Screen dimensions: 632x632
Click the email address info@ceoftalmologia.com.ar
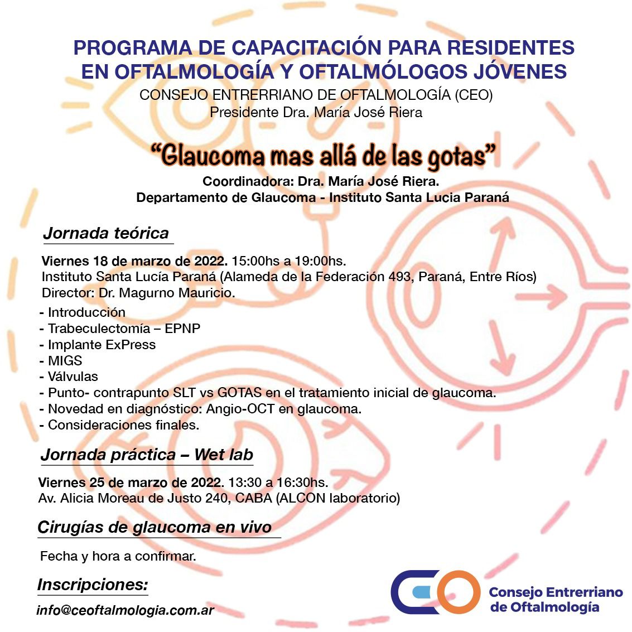[125, 610]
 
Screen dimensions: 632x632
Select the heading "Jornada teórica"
[106, 233]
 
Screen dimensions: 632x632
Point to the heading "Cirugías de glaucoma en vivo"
[155, 527]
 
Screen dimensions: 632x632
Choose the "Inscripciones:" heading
[93, 585]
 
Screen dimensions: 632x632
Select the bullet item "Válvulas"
[72, 377]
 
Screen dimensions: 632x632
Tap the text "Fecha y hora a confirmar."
[118, 556]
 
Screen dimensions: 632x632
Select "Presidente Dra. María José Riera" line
[316, 112]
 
